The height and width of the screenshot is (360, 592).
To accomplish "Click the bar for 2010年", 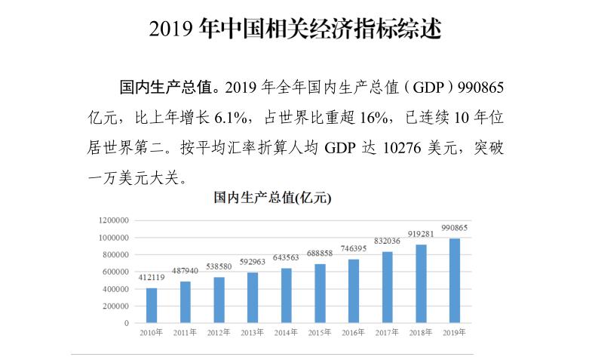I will click(152, 306).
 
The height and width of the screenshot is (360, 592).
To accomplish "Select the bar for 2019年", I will click(455, 281).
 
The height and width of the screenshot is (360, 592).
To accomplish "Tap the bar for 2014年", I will click(287, 295).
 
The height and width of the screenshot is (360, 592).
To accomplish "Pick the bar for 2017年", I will click(388, 288).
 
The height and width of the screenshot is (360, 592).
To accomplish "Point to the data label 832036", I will click(388, 241).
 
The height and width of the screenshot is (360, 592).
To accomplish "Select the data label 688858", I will click(320, 254).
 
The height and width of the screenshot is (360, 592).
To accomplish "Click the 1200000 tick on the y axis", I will click(113, 220).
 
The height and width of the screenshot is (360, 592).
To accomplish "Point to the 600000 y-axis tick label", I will click(115, 272).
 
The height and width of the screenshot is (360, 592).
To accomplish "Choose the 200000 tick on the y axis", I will click(115, 306).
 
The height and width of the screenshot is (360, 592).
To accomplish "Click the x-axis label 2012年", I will click(219, 332).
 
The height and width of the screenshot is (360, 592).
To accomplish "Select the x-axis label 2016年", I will click(354, 332).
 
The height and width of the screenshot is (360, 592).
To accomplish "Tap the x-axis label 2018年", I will click(421, 332).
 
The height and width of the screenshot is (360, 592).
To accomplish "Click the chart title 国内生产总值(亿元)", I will click(271, 199).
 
